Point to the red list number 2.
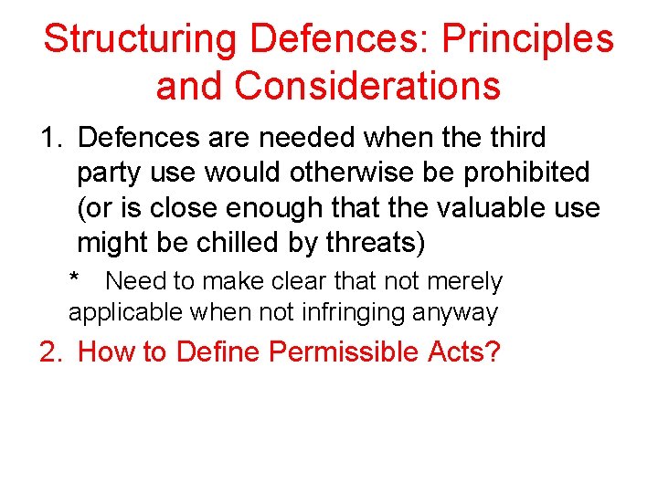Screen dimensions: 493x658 point(48,351)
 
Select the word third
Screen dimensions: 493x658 point(512,138)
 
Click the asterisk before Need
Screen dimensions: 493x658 point(74,279)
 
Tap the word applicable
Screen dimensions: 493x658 point(126,313)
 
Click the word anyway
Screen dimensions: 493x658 point(454,313)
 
